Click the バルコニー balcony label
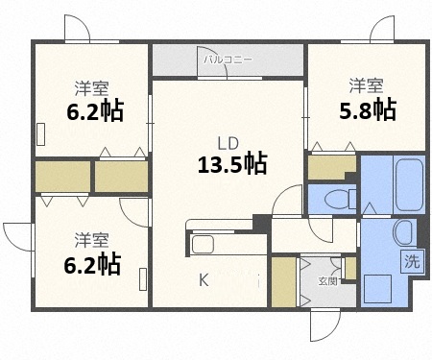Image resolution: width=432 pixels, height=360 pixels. tap(228, 59)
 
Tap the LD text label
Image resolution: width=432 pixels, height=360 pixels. tap(228, 143)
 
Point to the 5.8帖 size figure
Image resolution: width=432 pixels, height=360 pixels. tap(368, 109)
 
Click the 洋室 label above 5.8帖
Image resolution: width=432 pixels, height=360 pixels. tap(366, 85)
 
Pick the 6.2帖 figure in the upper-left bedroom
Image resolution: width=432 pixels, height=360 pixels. tap(93, 111)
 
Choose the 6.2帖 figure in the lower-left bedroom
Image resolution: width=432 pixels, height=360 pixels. tap(93, 262)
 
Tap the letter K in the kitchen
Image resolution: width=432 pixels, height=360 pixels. tap(204, 280)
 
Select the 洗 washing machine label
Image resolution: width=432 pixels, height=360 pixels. tap(410, 259)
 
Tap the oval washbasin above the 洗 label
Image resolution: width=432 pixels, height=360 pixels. tap(404, 231)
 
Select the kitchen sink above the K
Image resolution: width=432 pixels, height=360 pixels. tap(204, 244)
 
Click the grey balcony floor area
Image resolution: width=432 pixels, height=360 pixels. tap(228, 64)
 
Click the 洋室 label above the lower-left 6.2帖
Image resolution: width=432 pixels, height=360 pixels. tap(92, 238)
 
